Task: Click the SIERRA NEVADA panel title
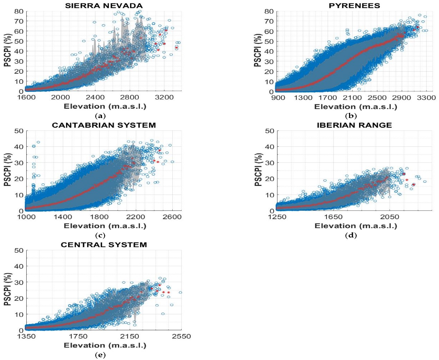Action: [104, 6]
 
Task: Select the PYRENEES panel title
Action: [354, 6]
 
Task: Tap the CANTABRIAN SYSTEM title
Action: [104, 125]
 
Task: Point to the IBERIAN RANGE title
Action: [354, 125]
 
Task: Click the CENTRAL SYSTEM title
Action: [104, 245]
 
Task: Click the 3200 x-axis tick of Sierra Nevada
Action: [164, 97]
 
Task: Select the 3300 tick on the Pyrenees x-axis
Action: [426, 98]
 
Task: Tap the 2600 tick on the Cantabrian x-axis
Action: [172, 217]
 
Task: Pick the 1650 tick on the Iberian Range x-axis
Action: [333, 217]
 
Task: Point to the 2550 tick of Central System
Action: [181, 336]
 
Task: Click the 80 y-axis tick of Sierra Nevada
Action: [19, 11]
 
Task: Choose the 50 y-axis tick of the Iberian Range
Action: [269, 131]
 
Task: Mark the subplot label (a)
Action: [100, 116]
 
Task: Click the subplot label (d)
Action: [350, 235]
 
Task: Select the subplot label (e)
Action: [100, 355]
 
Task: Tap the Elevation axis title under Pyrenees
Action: [356, 107]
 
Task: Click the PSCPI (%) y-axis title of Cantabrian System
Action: [8, 170]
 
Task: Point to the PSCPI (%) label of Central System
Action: [8, 289]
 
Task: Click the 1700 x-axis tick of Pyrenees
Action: [327, 98]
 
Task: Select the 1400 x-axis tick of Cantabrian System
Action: [63, 217]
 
